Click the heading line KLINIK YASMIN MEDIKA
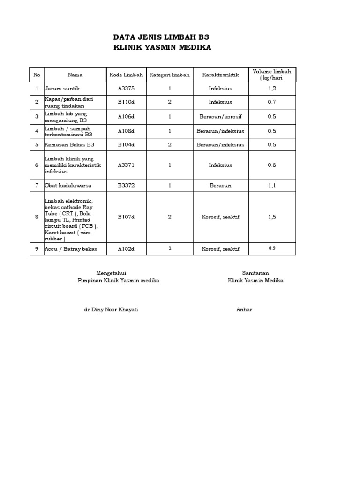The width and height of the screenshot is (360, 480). coord(163,47)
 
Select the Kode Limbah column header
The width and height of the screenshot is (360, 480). coord(126,75)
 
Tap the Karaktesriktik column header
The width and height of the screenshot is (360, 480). coord(220,75)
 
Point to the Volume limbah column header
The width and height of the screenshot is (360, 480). coord(272,75)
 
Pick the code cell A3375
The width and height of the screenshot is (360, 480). coord(126,88)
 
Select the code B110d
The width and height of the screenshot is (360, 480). coord(126,102)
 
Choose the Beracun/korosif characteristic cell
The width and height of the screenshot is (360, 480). coord(220,117)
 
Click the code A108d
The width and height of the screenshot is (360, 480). coord(126,131)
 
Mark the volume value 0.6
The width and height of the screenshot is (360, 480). coord(272,165)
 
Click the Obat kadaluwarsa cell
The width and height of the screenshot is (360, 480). coord(68,186)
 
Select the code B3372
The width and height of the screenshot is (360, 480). coord(126,186)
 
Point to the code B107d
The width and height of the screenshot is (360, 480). coord(126,217)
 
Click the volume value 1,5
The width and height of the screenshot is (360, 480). coord(272,217)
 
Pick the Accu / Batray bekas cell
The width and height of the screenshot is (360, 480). coord(71,249)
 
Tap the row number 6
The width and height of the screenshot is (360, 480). coord(37,165)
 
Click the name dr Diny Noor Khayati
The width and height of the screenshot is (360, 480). coord(111,310)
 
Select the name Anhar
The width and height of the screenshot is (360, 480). coord(244,310)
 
